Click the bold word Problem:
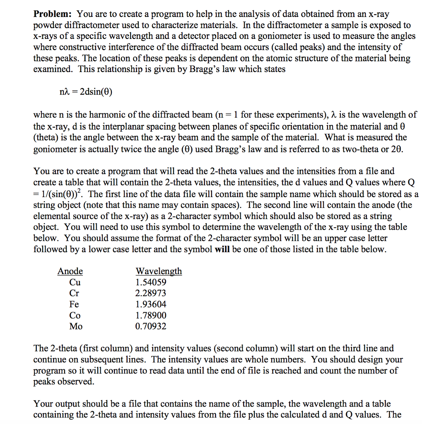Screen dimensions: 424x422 click(x=53, y=14)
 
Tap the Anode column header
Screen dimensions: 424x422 click(x=70, y=272)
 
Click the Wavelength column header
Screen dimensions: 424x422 click(x=159, y=272)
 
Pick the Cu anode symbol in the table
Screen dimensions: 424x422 click(x=75, y=282)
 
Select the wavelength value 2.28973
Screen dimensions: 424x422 click(x=151, y=293)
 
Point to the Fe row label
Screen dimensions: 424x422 click(x=74, y=304)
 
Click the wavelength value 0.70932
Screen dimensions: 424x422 click(x=151, y=326)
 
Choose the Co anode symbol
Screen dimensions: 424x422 click(x=75, y=316)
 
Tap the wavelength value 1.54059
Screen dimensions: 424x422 click(x=151, y=282)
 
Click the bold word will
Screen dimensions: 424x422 click(x=223, y=250)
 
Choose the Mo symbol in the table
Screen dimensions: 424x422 click(x=76, y=326)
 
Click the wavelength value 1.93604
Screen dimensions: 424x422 click(x=151, y=304)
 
